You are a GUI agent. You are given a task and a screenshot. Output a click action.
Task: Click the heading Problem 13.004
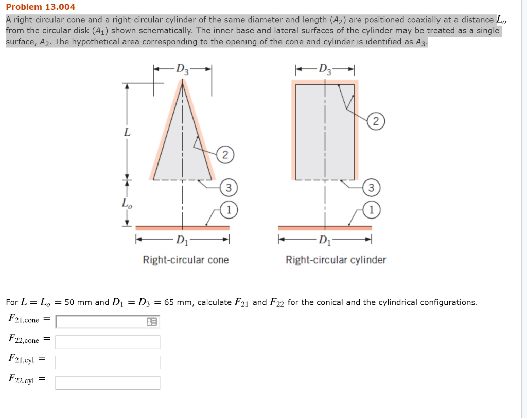[40, 7]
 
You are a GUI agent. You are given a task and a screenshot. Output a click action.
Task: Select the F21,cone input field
[100, 322]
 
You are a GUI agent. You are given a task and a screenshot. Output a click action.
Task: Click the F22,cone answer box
[108, 342]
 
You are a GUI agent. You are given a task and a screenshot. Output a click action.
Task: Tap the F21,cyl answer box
[108, 362]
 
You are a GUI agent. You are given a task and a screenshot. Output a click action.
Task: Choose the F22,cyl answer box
[108, 383]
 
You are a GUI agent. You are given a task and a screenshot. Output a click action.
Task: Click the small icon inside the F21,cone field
[152, 322]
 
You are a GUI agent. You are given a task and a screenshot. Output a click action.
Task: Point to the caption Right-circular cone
[186, 260]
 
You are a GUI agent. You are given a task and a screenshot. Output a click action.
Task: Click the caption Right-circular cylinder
[336, 260]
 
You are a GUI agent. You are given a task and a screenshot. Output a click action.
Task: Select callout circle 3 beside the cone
[229, 188]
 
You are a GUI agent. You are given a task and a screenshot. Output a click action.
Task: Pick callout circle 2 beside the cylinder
[376, 122]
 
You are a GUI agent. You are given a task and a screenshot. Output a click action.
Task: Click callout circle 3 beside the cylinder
[372, 188]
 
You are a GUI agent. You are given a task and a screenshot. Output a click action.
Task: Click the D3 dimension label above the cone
[182, 69]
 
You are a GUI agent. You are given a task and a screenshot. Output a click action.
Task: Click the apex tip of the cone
[182, 84]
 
